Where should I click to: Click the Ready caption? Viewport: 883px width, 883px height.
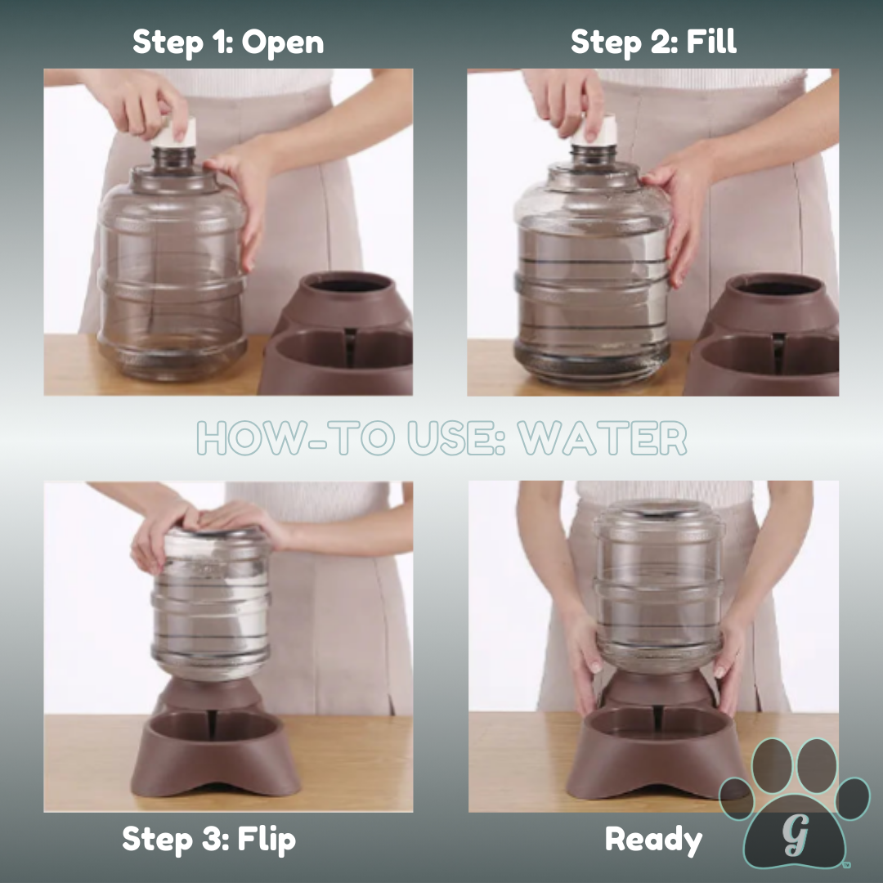[x=653, y=840]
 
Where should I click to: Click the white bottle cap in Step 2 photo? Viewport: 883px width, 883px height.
[x=596, y=129]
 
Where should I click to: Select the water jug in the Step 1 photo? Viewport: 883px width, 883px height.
[x=172, y=270]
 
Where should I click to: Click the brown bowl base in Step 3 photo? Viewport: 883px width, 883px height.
[x=215, y=752]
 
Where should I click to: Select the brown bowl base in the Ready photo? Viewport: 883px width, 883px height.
[x=654, y=752]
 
